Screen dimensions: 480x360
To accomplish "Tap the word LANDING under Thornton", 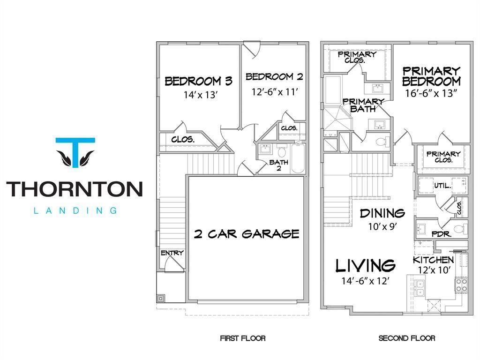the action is click(75, 210).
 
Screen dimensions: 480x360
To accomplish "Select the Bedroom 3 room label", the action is click(199, 81).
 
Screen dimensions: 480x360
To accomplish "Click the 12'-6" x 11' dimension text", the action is click(275, 92).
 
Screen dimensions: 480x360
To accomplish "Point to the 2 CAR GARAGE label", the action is click(247, 234).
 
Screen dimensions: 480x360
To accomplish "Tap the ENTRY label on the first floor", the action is click(172, 253).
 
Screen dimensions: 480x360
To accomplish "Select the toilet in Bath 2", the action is click(282, 152).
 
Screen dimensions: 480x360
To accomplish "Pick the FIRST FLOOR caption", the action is click(243, 338).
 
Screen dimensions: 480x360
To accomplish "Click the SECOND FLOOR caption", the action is click(407, 338).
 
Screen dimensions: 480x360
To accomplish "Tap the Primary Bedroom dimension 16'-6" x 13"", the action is click(431, 93).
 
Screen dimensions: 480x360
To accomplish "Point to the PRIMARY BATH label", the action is click(363, 105).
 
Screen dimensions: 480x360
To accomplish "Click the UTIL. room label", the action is click(442, 186).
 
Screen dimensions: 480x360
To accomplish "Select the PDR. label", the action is click(442, 234).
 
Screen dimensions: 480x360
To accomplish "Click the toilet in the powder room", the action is click(460, 229).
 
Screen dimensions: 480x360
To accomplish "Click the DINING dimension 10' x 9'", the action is click(382, 226).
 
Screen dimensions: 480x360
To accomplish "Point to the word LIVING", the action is click(366, 266).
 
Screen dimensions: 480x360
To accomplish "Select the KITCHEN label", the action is click(434, 260).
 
